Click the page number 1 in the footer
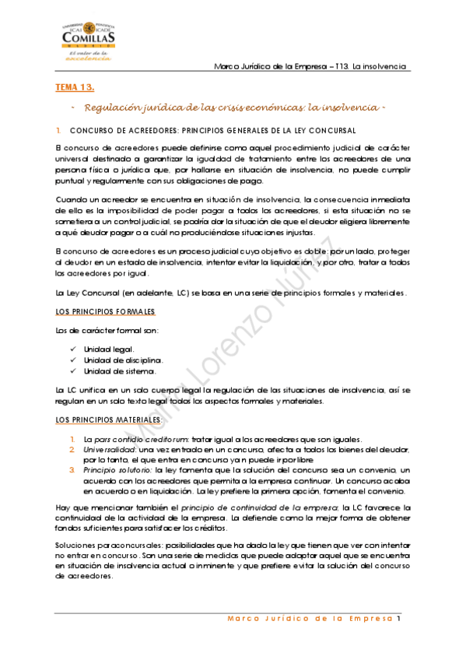click(x=398, y=620)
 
